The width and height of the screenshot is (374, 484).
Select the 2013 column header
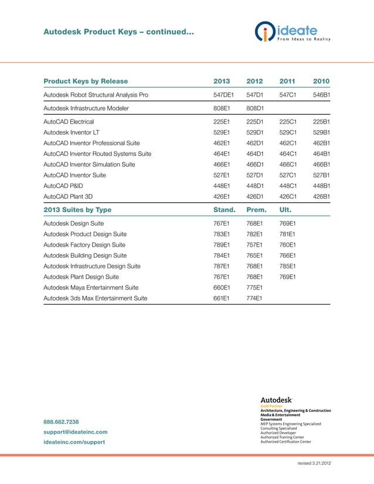[222, 81]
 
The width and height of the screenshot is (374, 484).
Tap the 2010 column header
[321, 81]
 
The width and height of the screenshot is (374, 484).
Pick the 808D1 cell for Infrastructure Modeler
[255, 108]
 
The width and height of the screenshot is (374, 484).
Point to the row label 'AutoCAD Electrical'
[73, 122]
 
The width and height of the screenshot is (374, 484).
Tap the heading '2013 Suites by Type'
[77, 210]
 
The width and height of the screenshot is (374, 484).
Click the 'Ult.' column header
[285, 210]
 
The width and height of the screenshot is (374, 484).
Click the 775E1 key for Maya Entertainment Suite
[254, 287]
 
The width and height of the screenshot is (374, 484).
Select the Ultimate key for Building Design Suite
[287, 255]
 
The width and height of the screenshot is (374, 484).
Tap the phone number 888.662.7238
[62, 422]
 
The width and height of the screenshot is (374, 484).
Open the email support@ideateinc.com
[75, 432]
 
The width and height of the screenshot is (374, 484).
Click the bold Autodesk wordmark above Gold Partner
[277, 400]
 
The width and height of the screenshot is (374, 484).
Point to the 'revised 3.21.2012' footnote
[314, 463]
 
